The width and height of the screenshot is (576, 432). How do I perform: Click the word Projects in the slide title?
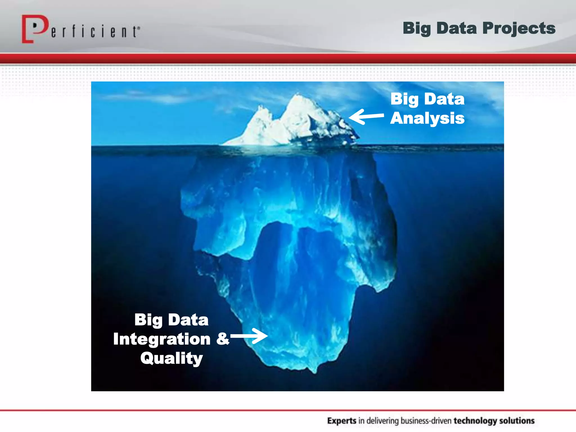pyautogui.click(x=519, y=28)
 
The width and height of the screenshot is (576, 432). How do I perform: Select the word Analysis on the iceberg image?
pyautogui.click(x=427, y=118)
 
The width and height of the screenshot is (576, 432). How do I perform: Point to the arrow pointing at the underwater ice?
pyautogui.click(x=249, y=336)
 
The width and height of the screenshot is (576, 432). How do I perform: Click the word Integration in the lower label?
pyautogui.click(x=162, y=339)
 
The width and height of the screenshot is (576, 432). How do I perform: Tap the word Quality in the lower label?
pyautogui.click(x=172, y=359)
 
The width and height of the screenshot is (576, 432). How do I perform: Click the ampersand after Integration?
pyautogui.click(x=222, y=339)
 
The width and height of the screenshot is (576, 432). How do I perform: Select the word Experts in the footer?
pyautogui.click(x=342, y=421)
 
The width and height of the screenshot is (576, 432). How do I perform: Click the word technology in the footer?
pyautogui.click(x=474, y=421)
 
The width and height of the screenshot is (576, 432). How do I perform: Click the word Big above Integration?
pyautogui.click(x=148, y=320)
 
